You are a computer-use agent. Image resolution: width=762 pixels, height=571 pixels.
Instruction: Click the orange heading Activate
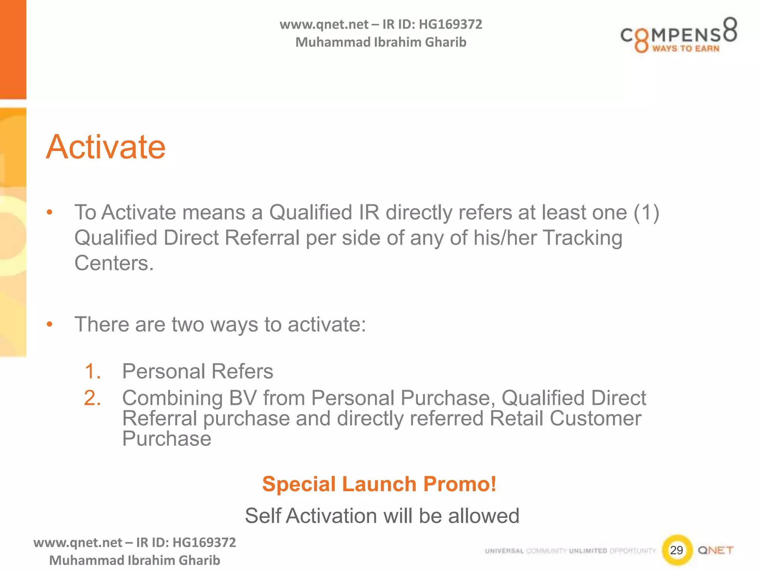106,147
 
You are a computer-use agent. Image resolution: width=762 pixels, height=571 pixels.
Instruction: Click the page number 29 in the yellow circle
676,550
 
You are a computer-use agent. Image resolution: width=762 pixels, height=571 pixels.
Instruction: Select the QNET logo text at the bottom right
715,550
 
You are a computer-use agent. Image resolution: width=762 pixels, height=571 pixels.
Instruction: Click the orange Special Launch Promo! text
379,484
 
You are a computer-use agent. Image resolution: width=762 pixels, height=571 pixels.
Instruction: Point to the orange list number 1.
92,371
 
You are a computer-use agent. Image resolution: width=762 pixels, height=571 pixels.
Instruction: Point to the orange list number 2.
92,398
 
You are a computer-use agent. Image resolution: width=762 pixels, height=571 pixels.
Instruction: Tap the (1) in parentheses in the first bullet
647,213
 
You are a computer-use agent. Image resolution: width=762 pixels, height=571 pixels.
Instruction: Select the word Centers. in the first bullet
114,263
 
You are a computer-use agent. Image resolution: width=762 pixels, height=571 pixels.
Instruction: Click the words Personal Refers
198,371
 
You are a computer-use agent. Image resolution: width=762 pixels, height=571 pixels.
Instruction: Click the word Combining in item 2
172,398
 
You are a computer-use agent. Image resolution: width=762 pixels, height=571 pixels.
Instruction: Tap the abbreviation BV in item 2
243,398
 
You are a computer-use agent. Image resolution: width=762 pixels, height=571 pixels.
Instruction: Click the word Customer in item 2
595,419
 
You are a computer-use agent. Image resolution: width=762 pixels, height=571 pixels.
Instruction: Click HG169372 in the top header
450,25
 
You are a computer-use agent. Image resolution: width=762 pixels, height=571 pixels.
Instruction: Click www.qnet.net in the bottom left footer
77,543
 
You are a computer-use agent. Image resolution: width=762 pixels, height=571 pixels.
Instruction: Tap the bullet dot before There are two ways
49,325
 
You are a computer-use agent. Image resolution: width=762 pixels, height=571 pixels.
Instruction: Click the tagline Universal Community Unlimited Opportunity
570,551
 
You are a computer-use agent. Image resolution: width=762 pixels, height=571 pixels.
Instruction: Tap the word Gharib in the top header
445,42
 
